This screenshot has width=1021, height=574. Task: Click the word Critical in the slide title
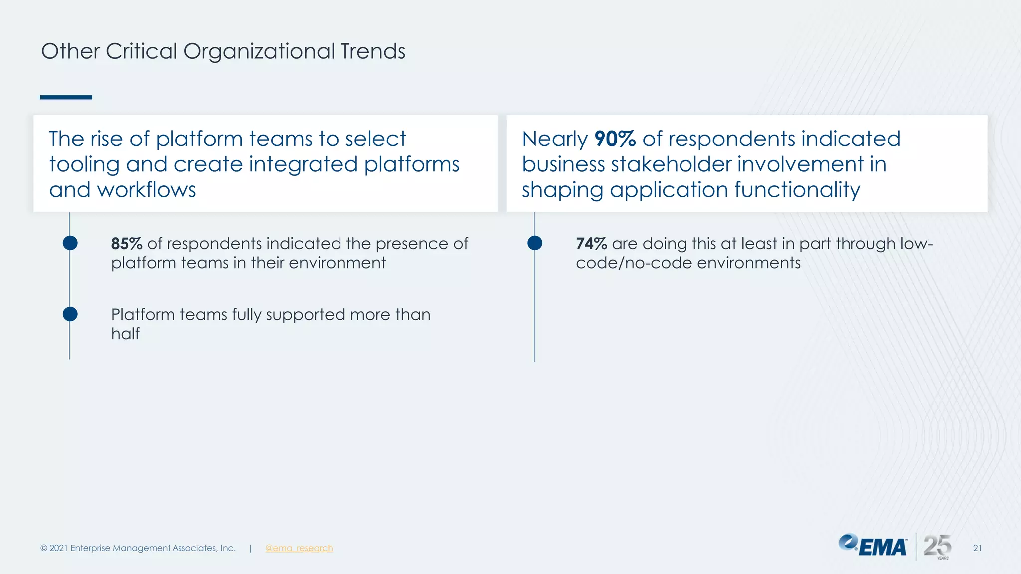tap(141, 51)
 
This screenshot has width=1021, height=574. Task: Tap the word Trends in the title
tap(373, 51)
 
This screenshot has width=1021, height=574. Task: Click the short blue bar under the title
tap(66, 97)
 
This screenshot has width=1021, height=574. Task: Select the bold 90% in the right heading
tap(615, 139)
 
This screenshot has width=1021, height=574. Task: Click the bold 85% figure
tap(126, 244)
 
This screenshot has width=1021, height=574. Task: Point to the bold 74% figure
tap(591, 244)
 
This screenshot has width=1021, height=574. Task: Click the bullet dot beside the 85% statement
tap(70, 243)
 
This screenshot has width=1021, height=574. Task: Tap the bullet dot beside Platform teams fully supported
tap(70, 314)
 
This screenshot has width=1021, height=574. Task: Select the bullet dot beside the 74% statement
tap(535, 243)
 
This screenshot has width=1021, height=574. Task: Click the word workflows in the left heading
tap(147, 190)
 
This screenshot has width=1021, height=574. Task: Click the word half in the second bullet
tap(125, 334)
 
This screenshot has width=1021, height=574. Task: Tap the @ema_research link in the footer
tap(299, 548)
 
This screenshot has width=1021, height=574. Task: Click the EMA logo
tap(872, 546)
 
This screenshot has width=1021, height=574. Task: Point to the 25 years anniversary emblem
tap(937, 546)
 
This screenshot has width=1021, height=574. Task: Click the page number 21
tap(977, 548)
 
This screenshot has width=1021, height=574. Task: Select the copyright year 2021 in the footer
tap(58, 548)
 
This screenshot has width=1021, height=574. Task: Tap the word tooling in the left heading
tap(84, 164)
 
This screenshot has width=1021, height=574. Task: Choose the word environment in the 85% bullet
tap(337, 263)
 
